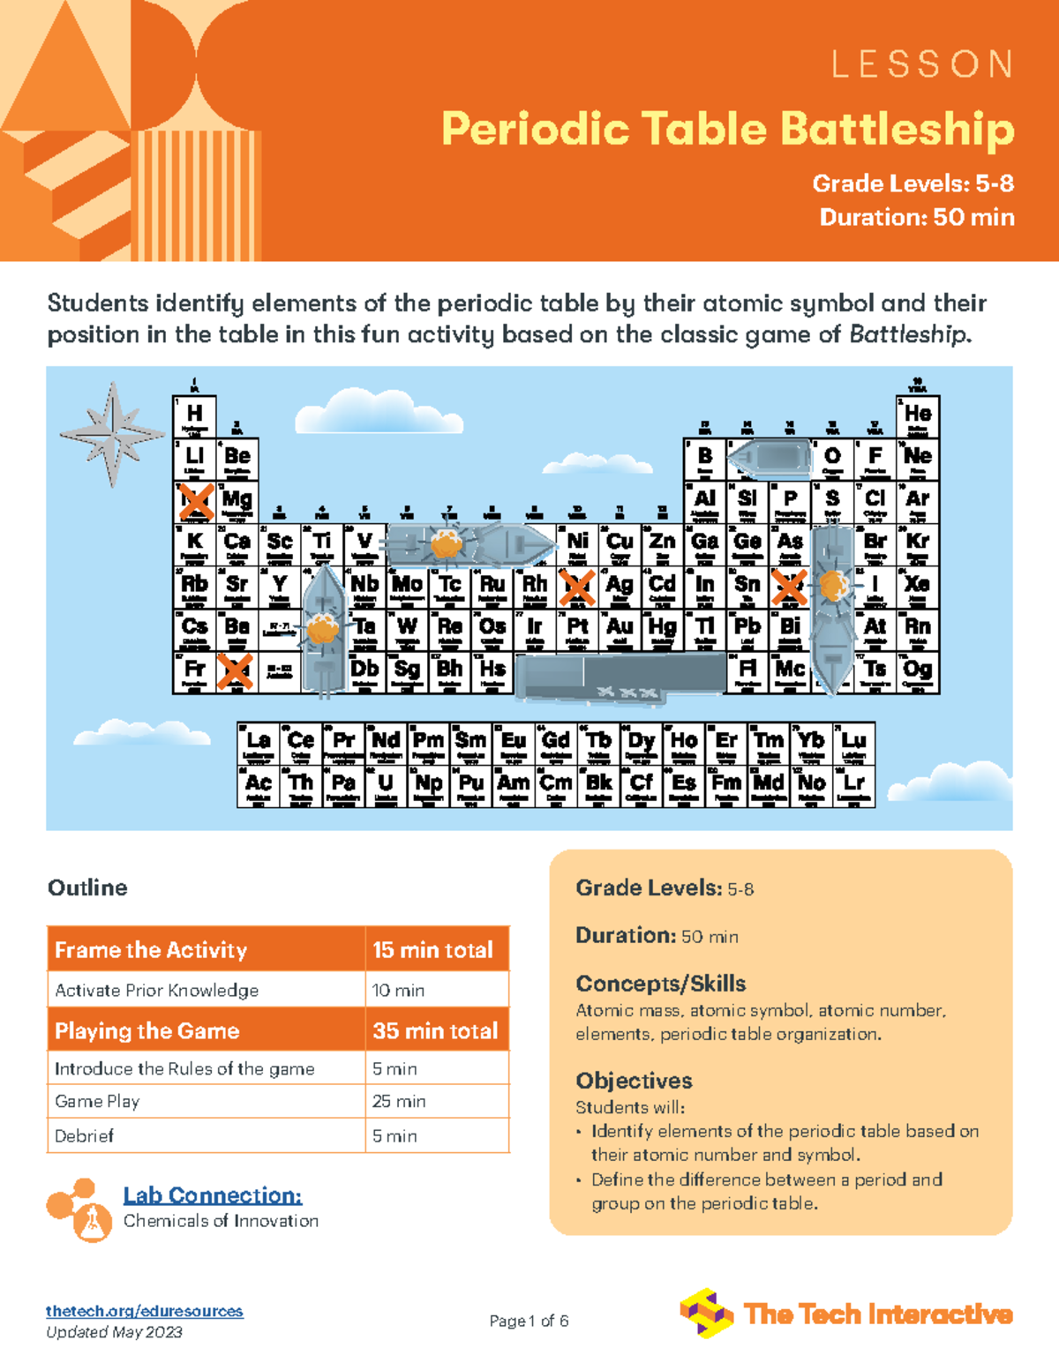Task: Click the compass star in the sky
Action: coord(112,434)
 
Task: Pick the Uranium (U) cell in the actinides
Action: coord(386,786)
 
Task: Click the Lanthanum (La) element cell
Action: coord(258,744)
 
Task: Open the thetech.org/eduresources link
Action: coord(145,1311)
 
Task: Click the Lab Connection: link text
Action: coord(212,1195)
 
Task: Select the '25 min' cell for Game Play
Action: coord(399,1101)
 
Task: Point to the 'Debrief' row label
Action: coord(85,1135)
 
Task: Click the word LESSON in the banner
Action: coord(922,64)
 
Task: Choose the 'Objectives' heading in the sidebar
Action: coord(634,1081)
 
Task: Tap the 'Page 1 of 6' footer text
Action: coord(529,1321)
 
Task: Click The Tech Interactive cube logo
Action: coord(706,1313)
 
